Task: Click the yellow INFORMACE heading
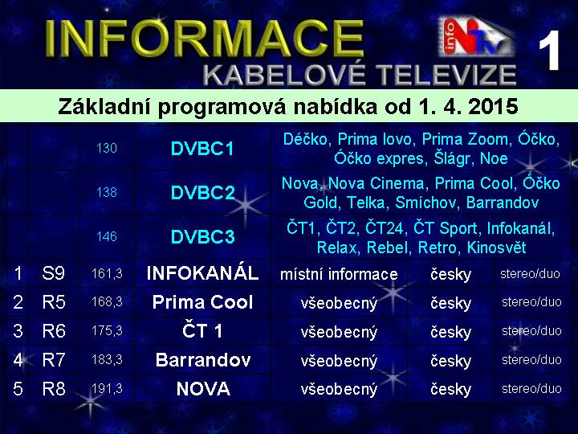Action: pyautogui.click(x=205, y=39)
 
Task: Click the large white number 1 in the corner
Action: pyautogui.click(x=549, y=51)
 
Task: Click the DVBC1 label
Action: pyautogui.click(x=202, y=149)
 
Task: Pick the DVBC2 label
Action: pyautogui.click(x=203, y=192)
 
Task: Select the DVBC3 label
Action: pyautogui.click(x=203, y=236)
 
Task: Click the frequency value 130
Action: pyautogui.click(x=107, y=149)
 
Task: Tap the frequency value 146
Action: pyautogui.click(x=107, y=236)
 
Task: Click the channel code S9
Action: pyautogui.click(x=54, y=273)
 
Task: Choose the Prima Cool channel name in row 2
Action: pyautogui.click(x=202, y=302)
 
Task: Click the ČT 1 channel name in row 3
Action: pyautogui.click(x=202, y=330)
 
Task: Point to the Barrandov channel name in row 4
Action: pyautogui.click(x=203, y=360)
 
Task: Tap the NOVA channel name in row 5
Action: pyautogui.click(x=203, y=389)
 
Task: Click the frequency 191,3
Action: pyautogui.click(x=107, y=389)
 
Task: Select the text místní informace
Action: pyautogui.click(x=339, y=274)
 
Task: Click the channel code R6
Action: pyautogui.click(x=54, y=331)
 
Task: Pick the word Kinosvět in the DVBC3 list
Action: pyautogui.click(x=496, y=248)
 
